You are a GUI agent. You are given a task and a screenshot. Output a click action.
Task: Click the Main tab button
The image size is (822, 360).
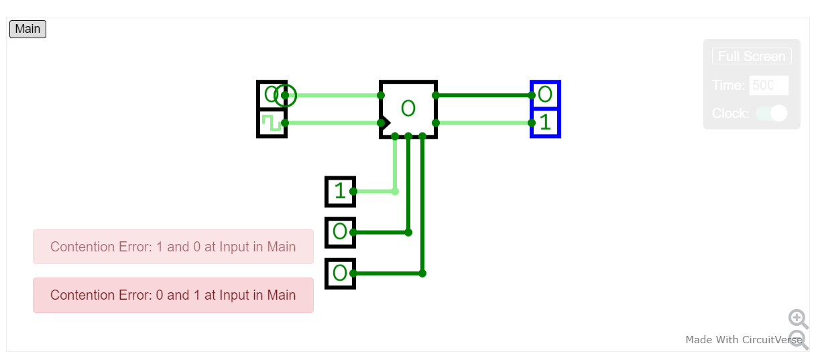pos(27,29)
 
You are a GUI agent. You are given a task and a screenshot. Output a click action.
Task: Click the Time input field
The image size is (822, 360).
pos(768,85)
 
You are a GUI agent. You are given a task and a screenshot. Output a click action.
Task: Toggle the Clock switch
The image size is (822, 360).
pos(771,113)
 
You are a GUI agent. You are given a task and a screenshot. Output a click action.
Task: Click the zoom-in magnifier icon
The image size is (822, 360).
pos(797,318)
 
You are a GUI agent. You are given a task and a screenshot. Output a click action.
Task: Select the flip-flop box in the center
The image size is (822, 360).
pos(408,109)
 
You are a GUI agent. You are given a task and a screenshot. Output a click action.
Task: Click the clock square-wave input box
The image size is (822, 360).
pos(272,123)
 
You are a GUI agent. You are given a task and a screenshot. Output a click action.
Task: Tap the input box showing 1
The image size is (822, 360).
pos(340,192)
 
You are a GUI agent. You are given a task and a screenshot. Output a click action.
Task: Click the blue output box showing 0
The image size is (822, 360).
pos(545,95)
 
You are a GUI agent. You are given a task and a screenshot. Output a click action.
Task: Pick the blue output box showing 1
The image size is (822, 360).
pos(545,123)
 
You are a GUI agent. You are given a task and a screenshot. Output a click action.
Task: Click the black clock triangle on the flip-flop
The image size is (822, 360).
pos(384,123)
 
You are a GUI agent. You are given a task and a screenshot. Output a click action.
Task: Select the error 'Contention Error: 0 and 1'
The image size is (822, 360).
pos(173,295)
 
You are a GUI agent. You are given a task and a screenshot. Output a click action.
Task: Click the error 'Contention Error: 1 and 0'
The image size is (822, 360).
pos(173,247)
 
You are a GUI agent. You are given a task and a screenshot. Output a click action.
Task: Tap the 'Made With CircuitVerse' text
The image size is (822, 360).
pos(743,340)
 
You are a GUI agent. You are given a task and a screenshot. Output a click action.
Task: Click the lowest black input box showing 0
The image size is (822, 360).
pos(340,274)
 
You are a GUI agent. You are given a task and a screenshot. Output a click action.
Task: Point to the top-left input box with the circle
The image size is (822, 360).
pos(272,95)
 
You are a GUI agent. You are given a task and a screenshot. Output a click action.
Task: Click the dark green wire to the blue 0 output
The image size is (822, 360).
pos(483,95)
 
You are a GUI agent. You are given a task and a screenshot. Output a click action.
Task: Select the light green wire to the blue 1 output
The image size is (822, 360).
pos(483,123)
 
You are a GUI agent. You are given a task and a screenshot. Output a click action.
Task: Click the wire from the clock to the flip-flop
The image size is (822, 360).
pos(332,123)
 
